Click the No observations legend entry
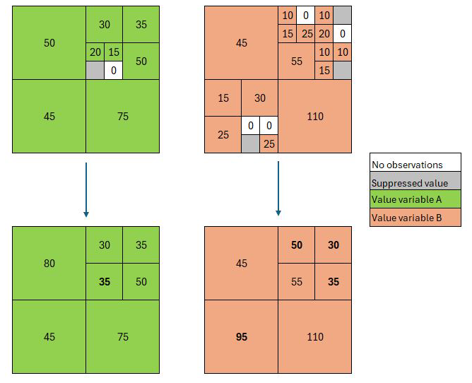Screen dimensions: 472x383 tap(415, 163)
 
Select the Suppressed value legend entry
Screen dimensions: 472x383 tap(415, 181)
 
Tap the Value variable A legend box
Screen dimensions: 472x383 tap(415, 199)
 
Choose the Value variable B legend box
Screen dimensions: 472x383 tap(415, 217)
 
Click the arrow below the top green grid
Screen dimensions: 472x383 tap(86, 189)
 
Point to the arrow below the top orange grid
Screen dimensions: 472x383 tap(278, 189)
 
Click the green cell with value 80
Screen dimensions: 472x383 tap(49, 263)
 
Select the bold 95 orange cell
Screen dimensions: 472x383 tap(242, 336)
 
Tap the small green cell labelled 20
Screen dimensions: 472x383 tap(95, 52)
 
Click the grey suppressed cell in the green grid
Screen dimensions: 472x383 tap(95, 71)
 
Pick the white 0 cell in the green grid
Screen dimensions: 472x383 tap(114, 71)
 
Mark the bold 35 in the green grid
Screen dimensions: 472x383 tap(104, 281)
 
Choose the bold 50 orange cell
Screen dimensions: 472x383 tap(297, 244)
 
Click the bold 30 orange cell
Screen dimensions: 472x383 tap(334, 244)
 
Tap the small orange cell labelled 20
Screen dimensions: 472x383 tap(324, 34)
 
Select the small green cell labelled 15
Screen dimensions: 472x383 tap(114, 52)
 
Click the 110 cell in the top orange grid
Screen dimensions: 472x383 tap(315, 116)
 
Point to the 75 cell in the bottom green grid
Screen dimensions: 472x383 tap(122, 336)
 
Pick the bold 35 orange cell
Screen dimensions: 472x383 tap(334, 281)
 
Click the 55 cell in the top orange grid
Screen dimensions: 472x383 tap(297, 61)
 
